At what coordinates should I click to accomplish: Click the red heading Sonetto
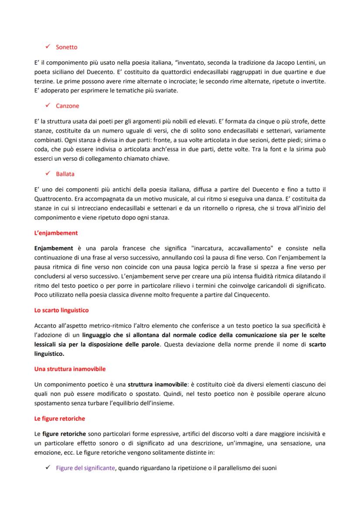pyautogui.click(x=67, y=47)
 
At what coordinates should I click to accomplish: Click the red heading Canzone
pyautogui.click(x=67, y=106)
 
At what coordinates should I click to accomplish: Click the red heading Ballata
pyautogui.click(x=65, y=174)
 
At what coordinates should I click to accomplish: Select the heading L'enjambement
pyautogui.click(x=56, y=233)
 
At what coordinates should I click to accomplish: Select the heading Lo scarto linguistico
pyautogui.click(x=62, y=310)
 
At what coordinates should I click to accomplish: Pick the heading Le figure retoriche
pyautogui.click(x=60, y=419)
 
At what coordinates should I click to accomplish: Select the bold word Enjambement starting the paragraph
pyautogui.click(x=53, y=248)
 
